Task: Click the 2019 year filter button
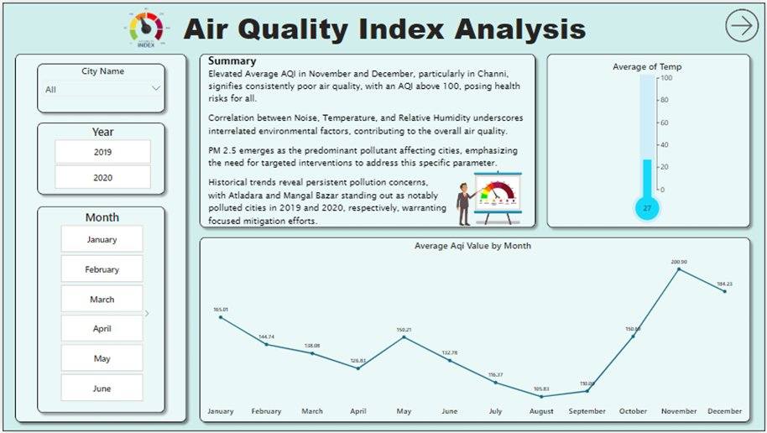click(x=102, y=152)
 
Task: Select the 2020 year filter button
click(x=102, y=178)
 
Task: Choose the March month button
click(x=102, y=300)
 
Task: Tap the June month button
click(x=102, y=389)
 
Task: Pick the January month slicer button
click(x=102, y=239)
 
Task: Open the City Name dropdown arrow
click(x=155, y=88)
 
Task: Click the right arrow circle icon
click(x=741, y=26)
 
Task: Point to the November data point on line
click(x=679, y=269)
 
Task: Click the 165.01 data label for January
click(x=220, y=310)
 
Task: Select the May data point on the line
click(x=404, y=337)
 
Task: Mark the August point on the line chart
click(x=541, y=396)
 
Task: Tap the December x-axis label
click(x=724, y=411)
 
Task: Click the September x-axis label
click(x=587, y=411)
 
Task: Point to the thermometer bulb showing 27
click(x=647, y=207)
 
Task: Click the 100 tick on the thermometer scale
click(x=665, y=78)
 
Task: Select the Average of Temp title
click(x=647, y=66)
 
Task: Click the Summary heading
click(x=232, y=61)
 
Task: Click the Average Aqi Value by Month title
click(x=472, y=246)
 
